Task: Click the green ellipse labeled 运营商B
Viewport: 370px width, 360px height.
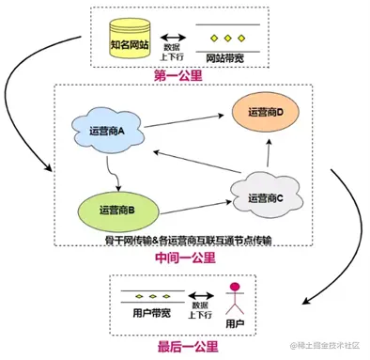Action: tap(117, 209)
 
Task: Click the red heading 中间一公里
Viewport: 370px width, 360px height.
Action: tap(187, 258)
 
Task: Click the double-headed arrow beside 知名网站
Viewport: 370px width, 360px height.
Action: tap(171, 39)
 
